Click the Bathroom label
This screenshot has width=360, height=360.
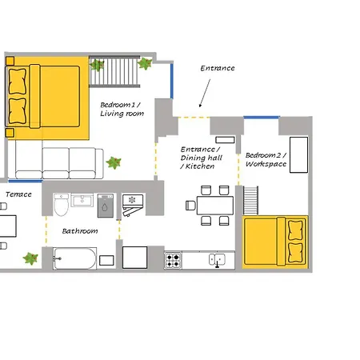tap(80, 231)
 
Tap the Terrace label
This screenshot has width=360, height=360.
tap(18, 194)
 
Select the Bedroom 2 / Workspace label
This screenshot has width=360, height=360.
tap(266, 159)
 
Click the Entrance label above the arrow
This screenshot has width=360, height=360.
tap(218, 68)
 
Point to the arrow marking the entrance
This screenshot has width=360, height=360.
tap(205, 93)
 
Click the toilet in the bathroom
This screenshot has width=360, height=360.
tap(61, 205)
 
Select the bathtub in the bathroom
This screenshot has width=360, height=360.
tap(74, 258)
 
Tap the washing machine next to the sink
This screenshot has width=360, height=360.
tap(106, 206)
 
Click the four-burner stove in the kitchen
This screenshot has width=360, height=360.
tap(173, 260)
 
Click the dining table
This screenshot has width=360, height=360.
tap(215, 206)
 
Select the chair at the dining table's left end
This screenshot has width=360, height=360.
tap(190, 206)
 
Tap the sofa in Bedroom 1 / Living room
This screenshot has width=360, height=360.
tap(59, 163)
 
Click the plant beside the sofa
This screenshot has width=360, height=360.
tap(114, 162)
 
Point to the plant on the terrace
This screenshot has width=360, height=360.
tap(30, 258)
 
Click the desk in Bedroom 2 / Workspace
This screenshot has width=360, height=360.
tap(298, 155)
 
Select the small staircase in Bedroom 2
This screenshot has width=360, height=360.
tap(250, 201)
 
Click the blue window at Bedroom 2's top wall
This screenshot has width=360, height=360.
tap(262, 118)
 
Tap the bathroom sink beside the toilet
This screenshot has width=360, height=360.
tap(82, 200)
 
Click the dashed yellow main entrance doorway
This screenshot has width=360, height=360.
tap(194, 117)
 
